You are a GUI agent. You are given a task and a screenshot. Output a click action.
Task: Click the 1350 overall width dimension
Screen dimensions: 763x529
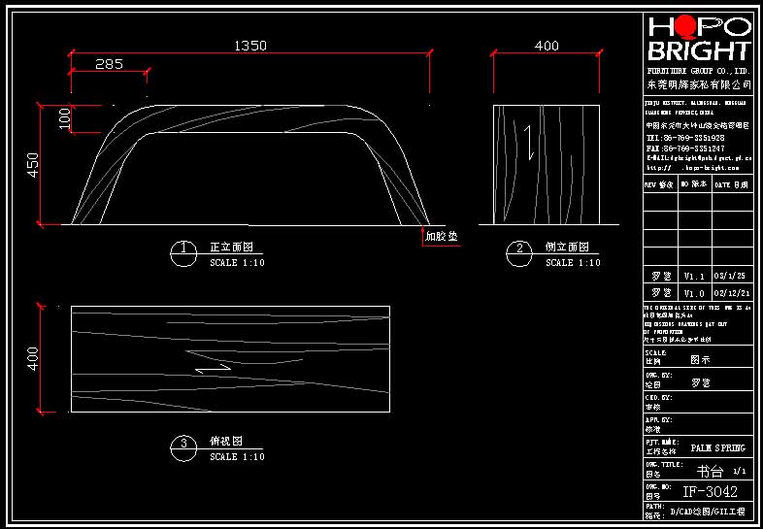[249, 45]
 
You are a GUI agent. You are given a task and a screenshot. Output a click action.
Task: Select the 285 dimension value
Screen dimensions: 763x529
[110, 64]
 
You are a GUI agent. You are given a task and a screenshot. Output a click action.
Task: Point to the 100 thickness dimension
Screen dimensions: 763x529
[64, 118]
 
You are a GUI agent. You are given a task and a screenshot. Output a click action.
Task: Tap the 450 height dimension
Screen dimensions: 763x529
[32, 165]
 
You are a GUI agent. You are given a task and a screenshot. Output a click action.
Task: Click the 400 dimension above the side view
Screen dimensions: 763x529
[547, 45]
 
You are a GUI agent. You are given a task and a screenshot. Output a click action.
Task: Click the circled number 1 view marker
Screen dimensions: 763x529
[182, 251]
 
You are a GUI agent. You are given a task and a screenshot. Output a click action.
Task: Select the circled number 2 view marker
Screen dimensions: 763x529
[519, 251]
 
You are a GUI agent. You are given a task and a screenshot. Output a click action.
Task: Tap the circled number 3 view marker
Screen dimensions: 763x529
[182, 446]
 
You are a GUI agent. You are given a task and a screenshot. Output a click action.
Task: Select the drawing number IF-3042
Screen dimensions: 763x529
[710, 491]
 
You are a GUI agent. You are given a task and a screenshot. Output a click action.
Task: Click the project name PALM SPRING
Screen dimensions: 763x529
[717, 448]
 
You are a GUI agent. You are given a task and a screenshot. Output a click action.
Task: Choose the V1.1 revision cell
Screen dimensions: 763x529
[694, 276]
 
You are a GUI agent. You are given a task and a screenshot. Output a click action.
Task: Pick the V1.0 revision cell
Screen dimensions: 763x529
[694, 292]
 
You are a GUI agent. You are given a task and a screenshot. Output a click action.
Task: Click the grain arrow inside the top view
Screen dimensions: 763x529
[213, 368]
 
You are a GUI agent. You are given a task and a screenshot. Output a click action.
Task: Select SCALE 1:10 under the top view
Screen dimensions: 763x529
[237, 457]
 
